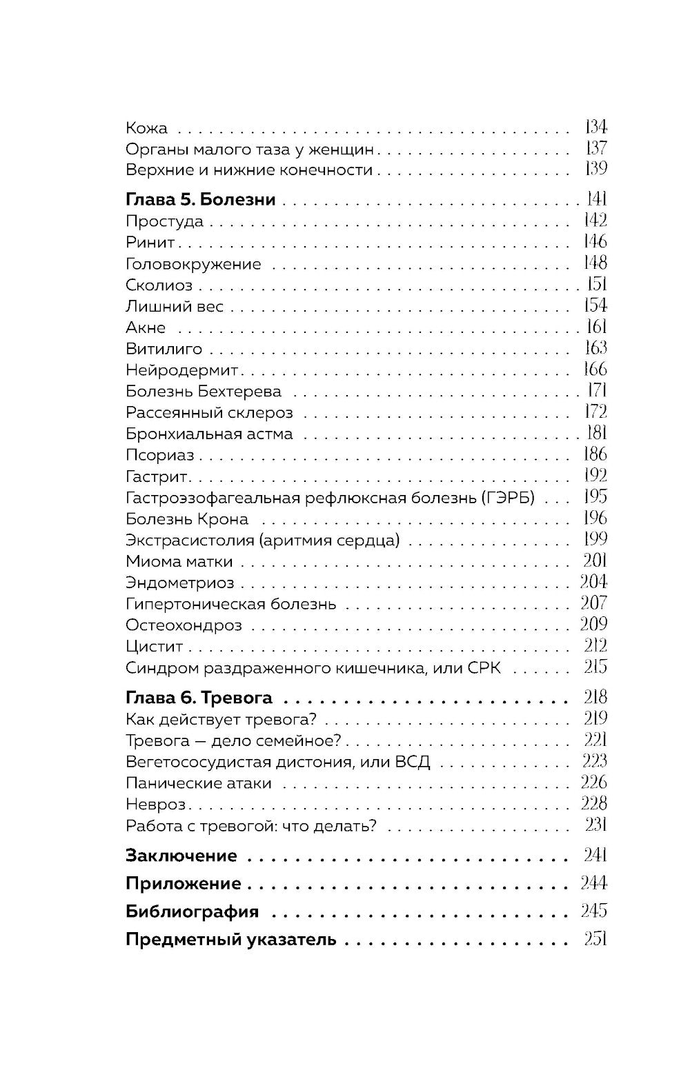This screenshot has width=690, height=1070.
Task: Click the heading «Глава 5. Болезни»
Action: pyautogui.click(x=200, y=200)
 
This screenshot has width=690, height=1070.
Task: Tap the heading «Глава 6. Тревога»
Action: pyautogui.click(x=199, y=698)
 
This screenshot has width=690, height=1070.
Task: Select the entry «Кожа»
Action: pyautogui.click(x=146, y=128)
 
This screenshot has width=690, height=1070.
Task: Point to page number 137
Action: pyautogui.click(x=595, y=148)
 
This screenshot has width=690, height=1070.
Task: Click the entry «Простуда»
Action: pyautogui.click(x=164, y=221)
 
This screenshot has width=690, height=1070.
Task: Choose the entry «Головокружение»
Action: pyautogui.click(x=193, y=264)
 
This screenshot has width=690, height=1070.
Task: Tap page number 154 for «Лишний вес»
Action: pyautogui.click(x=595, y=306)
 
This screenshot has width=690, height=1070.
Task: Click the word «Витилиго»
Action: pyautogui.click(x=164, y=349)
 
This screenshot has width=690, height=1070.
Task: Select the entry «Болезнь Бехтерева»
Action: pyautogui.click(x=204, y=392)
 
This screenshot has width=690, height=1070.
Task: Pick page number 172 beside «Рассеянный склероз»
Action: pyautogui.click(x=595, y=412)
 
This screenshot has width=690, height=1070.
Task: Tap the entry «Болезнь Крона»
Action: pyautogui.click(x=187, y=519)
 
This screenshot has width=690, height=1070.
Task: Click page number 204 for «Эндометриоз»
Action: pyautogui.click(x=593, y=583)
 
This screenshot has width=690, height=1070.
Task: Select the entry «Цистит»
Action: pyautogui.click(x=155, y=647)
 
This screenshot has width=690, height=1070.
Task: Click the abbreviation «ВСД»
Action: pyautogui.click(x=413, y=763)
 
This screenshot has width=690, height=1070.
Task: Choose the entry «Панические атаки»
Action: pyautogui.click(x=199, y=784)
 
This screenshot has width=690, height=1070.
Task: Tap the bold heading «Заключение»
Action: pyautogui.click(x=181, y=856)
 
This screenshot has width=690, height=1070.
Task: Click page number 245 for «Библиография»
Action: pyautogui.click(x=593, y=911)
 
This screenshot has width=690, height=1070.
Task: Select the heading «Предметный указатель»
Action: pyautogui.click(x=230, y=940)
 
